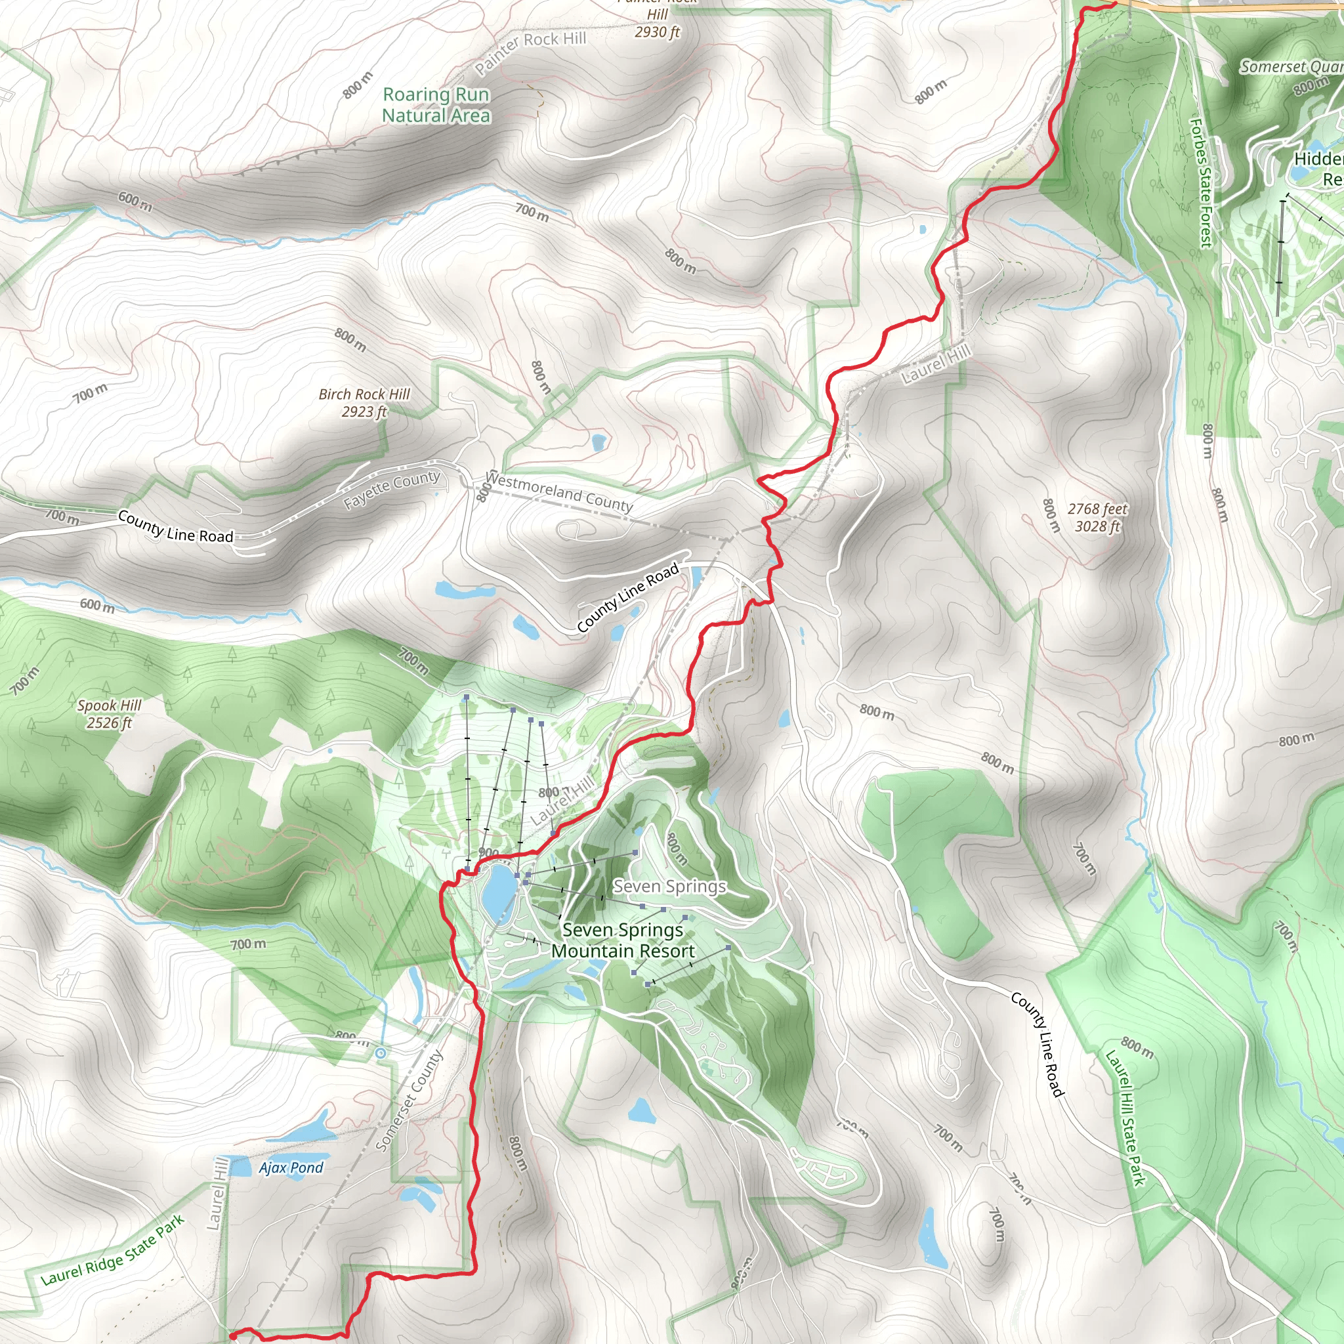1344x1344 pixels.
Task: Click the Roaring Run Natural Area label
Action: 436,105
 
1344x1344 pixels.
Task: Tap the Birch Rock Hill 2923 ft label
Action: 364,403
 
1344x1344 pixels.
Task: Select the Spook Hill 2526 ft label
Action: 109,714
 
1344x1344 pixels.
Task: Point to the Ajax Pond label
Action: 291,1167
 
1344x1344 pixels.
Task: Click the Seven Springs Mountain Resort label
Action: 623,940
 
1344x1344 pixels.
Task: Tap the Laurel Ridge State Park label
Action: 113,1250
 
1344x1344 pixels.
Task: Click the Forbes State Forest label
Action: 1202,182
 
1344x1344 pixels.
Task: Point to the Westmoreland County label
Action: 558,491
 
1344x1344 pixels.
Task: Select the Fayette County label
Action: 392,489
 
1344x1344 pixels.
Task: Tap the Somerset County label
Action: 409,1101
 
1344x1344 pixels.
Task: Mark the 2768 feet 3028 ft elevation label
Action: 1097,518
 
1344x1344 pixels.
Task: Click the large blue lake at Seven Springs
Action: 498,891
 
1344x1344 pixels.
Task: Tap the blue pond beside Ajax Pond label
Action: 239,1167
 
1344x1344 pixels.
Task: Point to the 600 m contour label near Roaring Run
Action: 135,201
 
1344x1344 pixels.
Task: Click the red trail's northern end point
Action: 1115,3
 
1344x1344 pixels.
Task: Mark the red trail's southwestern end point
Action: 232,1333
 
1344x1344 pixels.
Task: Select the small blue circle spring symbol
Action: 381,1054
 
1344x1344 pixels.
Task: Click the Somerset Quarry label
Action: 1290,67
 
